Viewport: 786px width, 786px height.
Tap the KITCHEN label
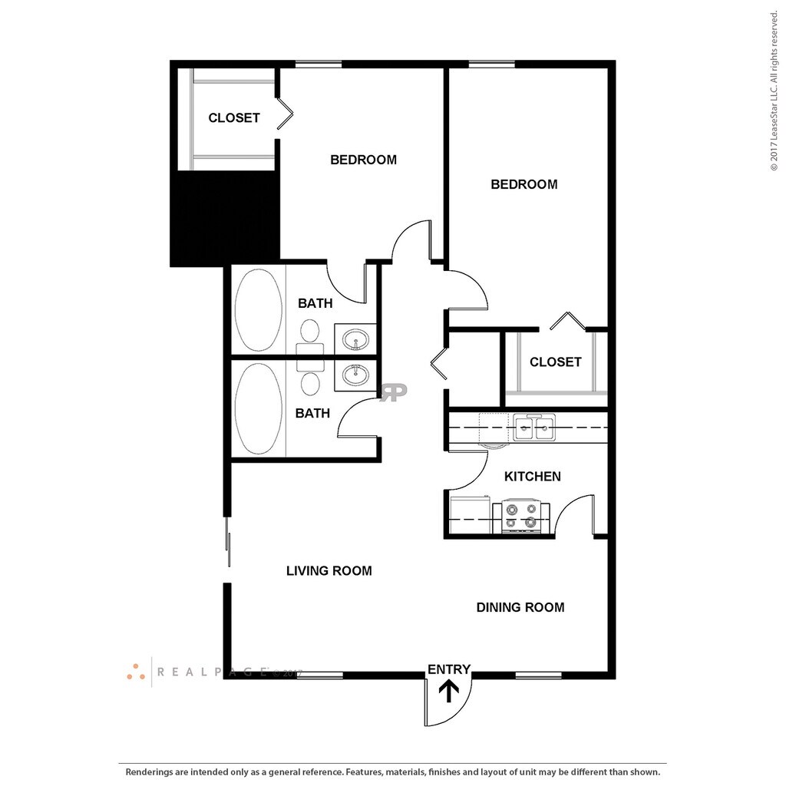tap(532, 477)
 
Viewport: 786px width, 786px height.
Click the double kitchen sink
tap(534, 428)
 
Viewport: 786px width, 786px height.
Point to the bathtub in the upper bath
tap(258, 309)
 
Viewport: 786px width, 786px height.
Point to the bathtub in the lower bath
tap(258, 408)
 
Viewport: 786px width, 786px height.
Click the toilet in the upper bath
tap(310, 332)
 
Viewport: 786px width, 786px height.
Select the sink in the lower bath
tap(355, 375)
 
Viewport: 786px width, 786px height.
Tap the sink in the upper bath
tap(355, 338)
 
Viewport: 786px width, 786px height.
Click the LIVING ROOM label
tap(329, 571)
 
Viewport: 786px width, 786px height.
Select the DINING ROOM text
tap(520, 608)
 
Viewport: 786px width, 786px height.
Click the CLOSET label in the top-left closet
tap(234, 118)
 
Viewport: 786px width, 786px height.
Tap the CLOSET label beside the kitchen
tap(555, 362)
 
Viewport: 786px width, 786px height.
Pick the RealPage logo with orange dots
tap(137, 672)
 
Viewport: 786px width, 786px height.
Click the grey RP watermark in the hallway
tap(394, 392)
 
